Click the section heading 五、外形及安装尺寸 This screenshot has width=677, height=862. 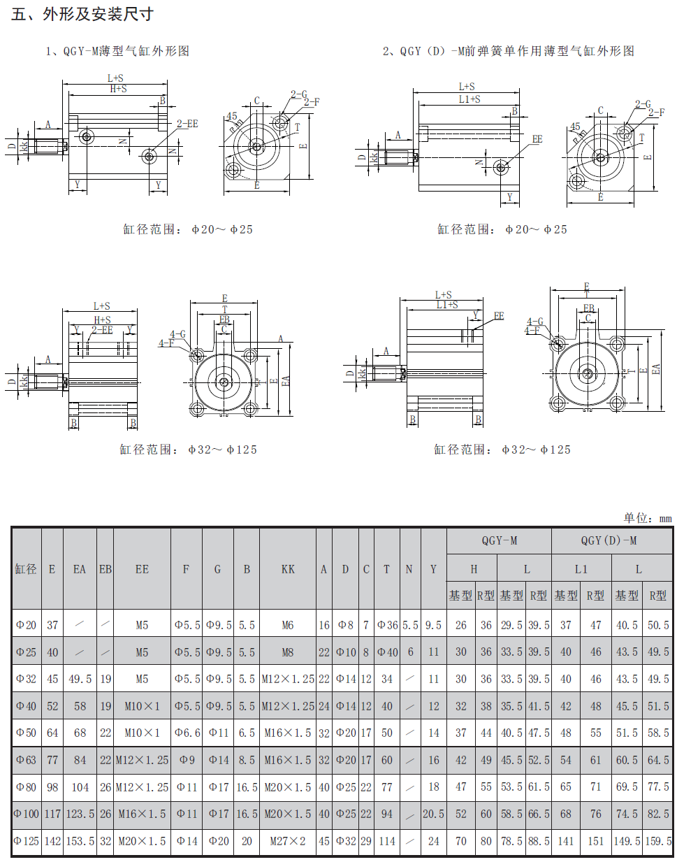(x=82, y=14)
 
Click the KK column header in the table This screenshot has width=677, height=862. (x=288, y=569)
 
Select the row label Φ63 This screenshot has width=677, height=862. (x=26, y=760)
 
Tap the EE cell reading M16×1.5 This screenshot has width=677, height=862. (x=142, y=814)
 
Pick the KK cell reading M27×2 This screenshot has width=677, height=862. (x=288, y=841)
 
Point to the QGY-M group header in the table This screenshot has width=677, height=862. (x=499, y=540)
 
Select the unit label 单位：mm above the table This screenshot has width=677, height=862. (x=647, y=518)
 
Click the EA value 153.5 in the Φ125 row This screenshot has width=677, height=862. (x=80, y=841)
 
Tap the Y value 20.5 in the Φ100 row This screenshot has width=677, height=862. (x=433, y=814)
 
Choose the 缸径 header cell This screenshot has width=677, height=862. (x=26, y=569)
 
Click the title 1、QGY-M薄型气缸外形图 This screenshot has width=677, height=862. (x=117, y=51)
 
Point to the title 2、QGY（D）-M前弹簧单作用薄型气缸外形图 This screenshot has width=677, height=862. (x=508, y=51)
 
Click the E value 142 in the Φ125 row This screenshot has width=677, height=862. (x=52, y=841)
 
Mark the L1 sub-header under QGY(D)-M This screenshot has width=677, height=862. (x=581, y=569)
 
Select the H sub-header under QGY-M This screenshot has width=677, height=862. (x=473, y=569)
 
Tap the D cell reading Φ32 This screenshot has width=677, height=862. (x=345, y=841)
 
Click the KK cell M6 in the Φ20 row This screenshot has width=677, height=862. (x=288, y=625)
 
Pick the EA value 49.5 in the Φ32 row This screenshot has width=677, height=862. (x=80, y=679)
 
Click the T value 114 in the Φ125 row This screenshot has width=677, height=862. (x=387, y=841)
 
